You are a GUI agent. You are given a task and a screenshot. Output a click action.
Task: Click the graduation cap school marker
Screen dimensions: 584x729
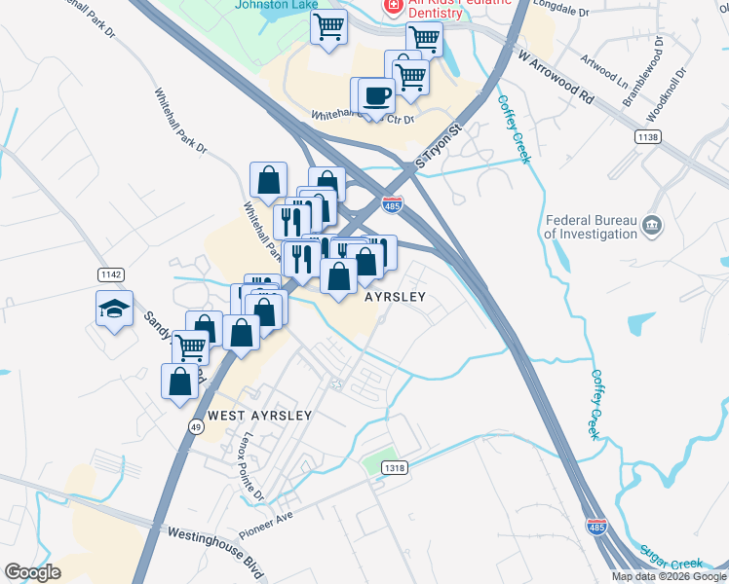[x=114, y=309]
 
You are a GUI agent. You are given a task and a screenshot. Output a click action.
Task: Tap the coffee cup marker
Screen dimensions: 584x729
[x=376, y=95]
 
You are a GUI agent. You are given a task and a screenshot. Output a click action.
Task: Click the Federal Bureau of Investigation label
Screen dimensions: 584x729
[x=590, y=227]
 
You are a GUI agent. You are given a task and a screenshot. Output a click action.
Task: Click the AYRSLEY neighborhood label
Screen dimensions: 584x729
[x=395, y=298]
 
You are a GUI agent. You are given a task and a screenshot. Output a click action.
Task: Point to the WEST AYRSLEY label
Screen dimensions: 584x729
[x=260, y=416]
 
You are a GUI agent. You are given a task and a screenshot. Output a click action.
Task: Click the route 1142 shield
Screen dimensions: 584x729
[x=109, y=275]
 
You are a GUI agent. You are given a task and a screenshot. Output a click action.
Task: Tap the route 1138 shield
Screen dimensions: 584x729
[x=647, y=136]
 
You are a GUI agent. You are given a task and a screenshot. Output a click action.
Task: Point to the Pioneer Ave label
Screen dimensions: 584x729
[x=264, y=517]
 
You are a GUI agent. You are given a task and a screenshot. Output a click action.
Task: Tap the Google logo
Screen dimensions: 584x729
[x=32, y=571]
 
